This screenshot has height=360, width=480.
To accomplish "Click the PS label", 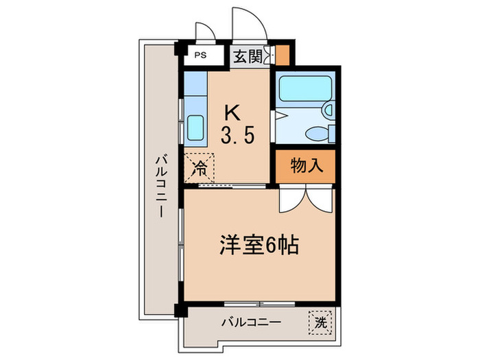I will pyautogui.click(x=200, y=56).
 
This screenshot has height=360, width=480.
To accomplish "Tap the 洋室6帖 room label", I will pyautogui.click(x=258, y=245).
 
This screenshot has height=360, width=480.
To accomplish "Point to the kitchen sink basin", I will pyautogui.click(x=195, y=127).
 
